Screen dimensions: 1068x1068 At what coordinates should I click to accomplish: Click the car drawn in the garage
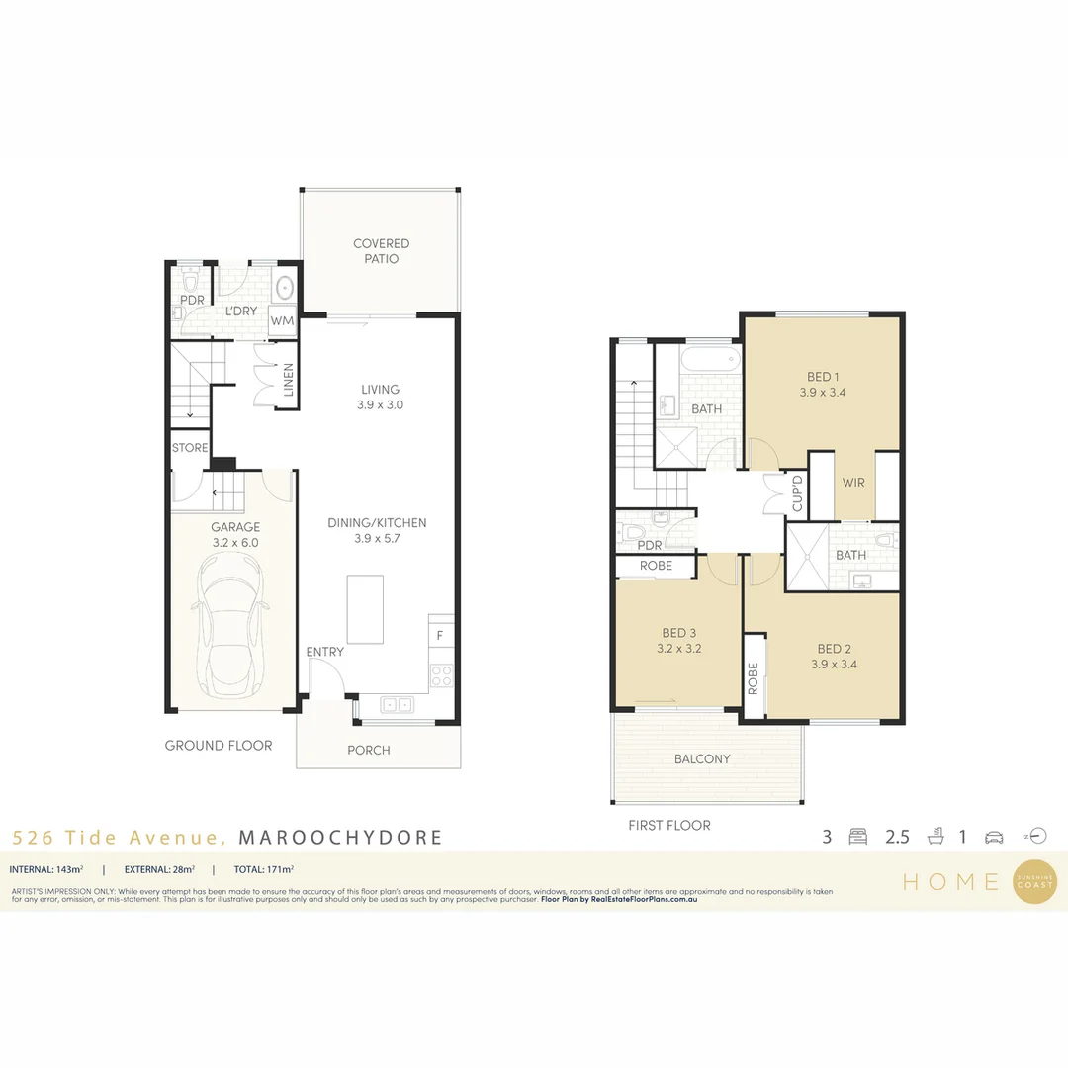pos(232,625)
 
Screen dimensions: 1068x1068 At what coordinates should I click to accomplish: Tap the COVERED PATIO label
pos(381,251)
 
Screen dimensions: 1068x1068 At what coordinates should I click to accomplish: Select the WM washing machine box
pos(283,321)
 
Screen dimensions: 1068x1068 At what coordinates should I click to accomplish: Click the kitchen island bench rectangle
pos(364,610)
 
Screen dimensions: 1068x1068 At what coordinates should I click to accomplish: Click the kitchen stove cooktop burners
pos(440,676)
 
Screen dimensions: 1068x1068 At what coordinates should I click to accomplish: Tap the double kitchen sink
pos(397,704)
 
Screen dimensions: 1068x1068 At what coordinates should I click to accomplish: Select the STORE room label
pos(190,448)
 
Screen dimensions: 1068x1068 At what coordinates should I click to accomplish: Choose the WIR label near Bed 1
pos(854,483)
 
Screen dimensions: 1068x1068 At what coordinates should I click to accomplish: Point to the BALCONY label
pos(702,759)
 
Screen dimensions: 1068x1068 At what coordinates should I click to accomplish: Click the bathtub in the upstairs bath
pos(709,357)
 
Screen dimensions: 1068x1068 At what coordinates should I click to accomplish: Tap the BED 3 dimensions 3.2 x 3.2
pos(679,650)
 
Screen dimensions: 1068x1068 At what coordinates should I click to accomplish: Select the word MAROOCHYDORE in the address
pos(341,838)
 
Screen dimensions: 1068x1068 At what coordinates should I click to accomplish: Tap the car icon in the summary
pos(994,837)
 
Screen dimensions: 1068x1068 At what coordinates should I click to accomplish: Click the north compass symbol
pos(1035,836)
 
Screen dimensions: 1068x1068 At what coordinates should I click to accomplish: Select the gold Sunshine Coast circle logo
pos(1034,879)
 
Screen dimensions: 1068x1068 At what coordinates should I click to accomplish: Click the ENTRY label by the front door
pos(325,652)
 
